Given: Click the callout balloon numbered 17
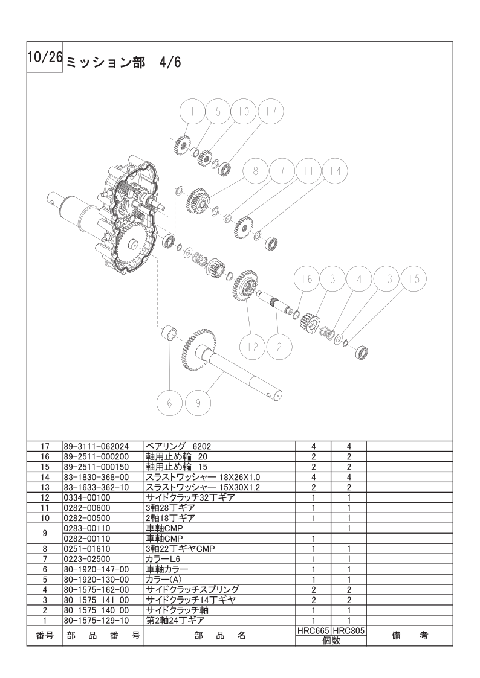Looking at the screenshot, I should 271,112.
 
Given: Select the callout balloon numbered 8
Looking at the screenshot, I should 255,171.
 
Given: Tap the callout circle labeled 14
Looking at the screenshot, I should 335,171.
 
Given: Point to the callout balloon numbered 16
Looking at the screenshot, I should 306,279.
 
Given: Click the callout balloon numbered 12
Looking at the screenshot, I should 252,347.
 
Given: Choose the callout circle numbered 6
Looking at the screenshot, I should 170,403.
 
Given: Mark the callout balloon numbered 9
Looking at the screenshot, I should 198,403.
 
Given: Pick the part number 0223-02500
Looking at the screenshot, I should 88,559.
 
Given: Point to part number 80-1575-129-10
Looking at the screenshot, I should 96,620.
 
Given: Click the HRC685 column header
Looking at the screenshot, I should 313,630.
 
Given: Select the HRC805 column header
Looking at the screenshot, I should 349,630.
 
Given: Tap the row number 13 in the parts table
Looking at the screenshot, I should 45,488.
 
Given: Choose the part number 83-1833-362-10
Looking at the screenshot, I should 96,488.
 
